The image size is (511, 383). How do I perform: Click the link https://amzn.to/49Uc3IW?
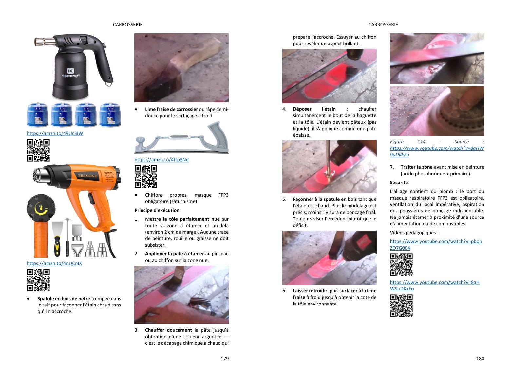click(x=55, y=133)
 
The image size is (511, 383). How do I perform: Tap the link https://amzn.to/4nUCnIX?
click(x=54, y=263)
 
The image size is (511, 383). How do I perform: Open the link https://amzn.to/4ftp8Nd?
click(x=161, y=160)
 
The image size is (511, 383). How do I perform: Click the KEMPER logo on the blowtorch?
click(x=70, y=73)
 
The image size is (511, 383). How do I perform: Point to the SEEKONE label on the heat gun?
click(x=87, y=176)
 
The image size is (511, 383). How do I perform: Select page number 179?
click(x=225, y=359)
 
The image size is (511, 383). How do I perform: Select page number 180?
click(x=480, y=359)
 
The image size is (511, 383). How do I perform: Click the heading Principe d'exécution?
click(x=157, y=210)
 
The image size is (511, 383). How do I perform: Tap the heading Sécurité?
click(x=399, y=183)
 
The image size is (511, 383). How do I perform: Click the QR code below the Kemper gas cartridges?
click(x=38, y=150)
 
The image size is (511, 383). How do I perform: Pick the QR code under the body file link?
click(x=146, y=177)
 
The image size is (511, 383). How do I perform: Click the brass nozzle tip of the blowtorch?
click(x=39, y=42)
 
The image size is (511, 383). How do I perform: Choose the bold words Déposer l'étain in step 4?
click(x=314, y=109)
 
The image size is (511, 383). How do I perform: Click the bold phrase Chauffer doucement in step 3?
click(x=169, y=330)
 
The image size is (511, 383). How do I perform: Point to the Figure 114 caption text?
click(x=437, y=148)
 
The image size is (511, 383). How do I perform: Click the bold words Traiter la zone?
click(x=416, y=167)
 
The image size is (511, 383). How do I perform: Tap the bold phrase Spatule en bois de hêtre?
click(x=64, y=299)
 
